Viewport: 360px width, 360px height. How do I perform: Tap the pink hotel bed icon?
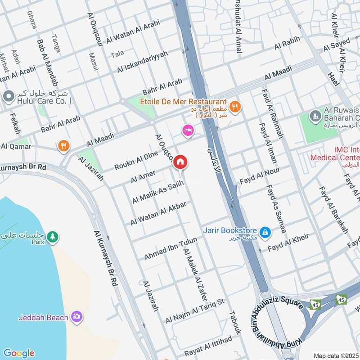(188, 130)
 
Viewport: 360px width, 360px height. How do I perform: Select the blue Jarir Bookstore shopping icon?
(265, 232)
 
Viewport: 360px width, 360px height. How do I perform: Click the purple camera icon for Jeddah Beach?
(77, 317)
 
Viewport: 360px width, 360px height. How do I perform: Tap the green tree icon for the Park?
(53, 236)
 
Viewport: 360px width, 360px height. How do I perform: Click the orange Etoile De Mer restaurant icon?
(234, 107)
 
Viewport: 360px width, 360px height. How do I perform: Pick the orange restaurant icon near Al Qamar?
(63, 146)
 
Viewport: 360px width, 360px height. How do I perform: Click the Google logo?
(18, 353)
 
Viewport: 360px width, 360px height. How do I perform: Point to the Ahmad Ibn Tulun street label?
(171, 249)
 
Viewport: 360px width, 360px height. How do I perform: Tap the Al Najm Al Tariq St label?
(194, 310)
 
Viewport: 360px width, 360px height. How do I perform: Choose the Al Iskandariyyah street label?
(142, 62)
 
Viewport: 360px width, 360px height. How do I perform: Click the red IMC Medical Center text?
(334, 153)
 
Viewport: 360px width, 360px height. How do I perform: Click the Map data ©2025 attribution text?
(336, 355)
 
